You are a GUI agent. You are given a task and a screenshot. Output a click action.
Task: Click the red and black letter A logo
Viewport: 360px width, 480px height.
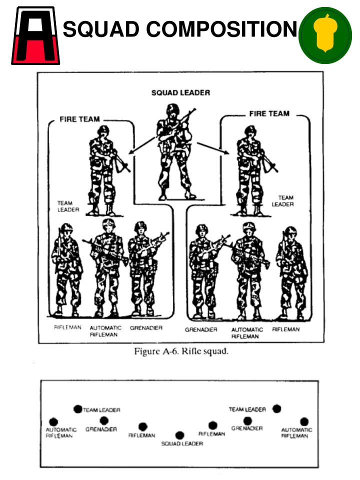click(x=35, y=35)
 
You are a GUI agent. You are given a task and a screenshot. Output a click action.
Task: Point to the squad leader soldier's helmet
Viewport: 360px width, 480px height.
click(x=172, y=109)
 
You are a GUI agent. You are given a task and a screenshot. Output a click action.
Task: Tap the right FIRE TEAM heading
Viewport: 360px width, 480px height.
click(x=269, y=114)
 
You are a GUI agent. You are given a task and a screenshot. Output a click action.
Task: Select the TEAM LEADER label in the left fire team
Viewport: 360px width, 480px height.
click(x=65, y=206)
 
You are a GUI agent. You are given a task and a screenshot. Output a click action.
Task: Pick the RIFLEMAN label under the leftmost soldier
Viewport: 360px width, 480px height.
click(x=67, y=328)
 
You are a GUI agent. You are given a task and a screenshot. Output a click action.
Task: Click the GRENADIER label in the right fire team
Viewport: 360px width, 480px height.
click(x=200, y=330)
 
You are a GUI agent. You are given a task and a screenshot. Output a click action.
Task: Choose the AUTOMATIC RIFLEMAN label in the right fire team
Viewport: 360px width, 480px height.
click(x=247, y=333)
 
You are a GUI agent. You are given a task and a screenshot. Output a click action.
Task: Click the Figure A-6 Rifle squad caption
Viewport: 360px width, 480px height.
click(x=181, y=351)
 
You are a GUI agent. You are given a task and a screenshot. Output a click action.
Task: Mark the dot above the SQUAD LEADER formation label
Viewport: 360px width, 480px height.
click(x=180, y=435)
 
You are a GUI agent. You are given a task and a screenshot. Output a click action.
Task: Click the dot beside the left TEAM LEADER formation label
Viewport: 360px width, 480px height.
click(x=77, y=409)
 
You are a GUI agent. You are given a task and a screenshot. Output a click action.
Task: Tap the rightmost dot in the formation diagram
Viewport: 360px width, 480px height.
click(x=304, y=421)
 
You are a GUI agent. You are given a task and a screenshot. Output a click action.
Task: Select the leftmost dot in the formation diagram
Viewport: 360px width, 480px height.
click(x=53, y=422)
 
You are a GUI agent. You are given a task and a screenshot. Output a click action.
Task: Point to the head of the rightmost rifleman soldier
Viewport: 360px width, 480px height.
click(x=290, y=231)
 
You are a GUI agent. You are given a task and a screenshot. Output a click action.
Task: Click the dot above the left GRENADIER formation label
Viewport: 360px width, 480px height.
click(x=104, y=421)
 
